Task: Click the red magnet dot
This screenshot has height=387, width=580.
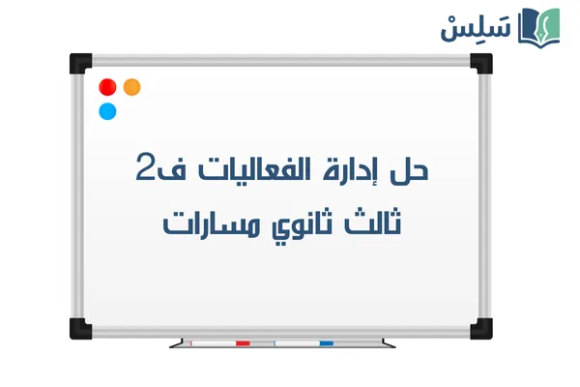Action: click(x=107, y=86)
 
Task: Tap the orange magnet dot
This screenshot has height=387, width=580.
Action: click(x=132, y=86)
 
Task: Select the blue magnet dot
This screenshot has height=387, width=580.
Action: click(x=107, y=111)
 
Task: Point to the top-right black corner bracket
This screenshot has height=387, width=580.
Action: click(x=480, y=64)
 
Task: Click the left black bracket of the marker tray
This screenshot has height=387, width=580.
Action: click(x=175, y=342)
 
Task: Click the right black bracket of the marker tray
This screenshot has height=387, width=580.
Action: click(x=388, y=342)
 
